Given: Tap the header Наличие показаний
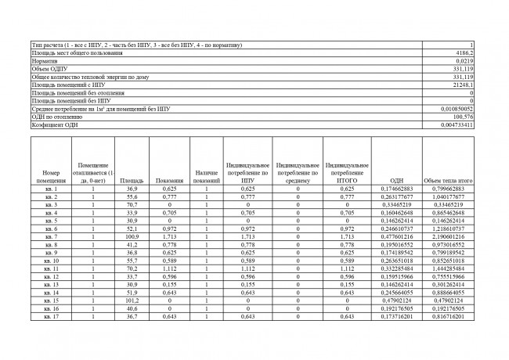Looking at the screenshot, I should coord(206,176).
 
